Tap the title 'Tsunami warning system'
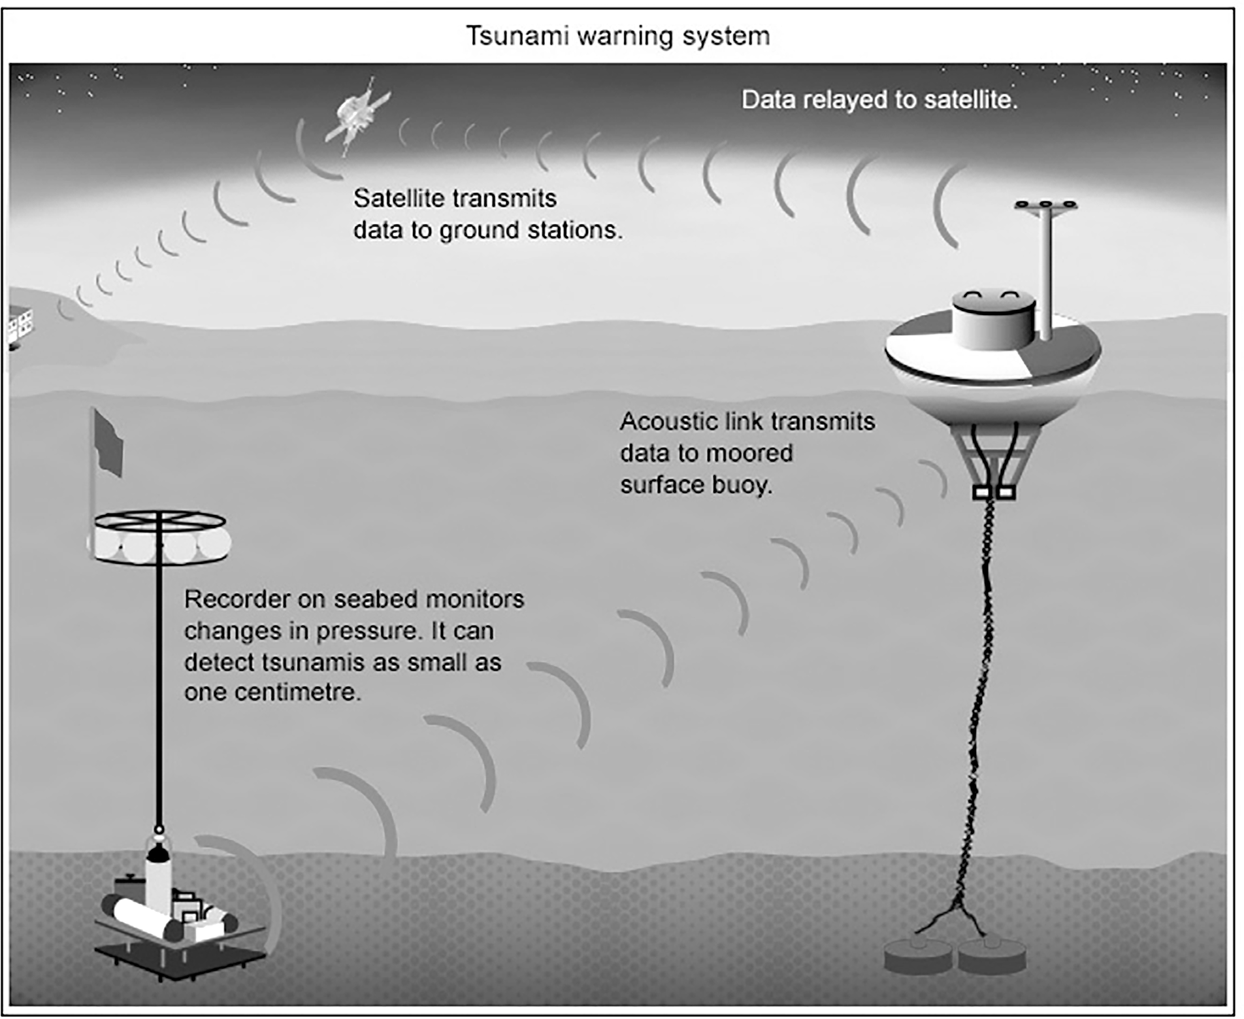pyautogui.click(x=617, y=35)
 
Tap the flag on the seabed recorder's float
pyautogui.click(x=108, y=444)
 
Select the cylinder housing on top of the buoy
pyautogui.click(x=993, y=320)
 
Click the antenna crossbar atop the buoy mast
pyautogui.click(x=1046, y=206)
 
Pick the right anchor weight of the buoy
pyautogui.click(x=992, y=957)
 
